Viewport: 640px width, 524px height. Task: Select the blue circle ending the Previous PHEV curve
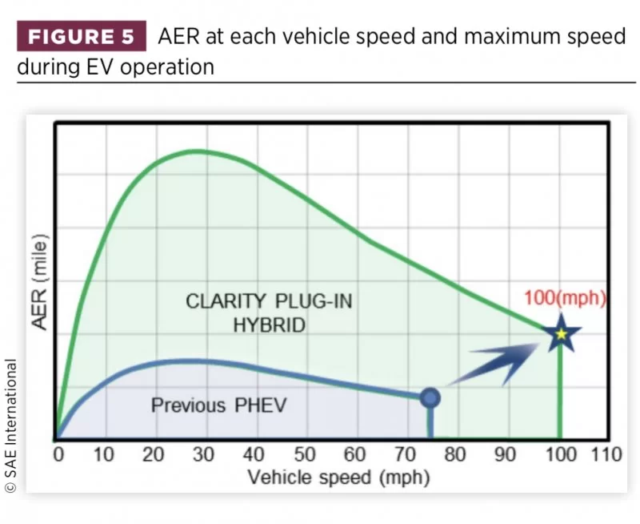[x=430, y=397]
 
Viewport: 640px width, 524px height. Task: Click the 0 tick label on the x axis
[x=58, y=456]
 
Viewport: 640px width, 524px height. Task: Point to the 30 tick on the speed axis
[x=203, y=456]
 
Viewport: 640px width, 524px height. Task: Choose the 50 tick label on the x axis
[x=305, y=456]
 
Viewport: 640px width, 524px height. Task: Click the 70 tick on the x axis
[x=405, y=456]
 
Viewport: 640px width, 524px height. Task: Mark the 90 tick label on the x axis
[x=506, y=456]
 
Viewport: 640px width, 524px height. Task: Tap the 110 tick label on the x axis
[x=606, y=456]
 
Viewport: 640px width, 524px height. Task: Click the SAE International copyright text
[x=11, y=425]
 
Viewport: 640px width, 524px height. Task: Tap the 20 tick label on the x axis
[x=154, y=456]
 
